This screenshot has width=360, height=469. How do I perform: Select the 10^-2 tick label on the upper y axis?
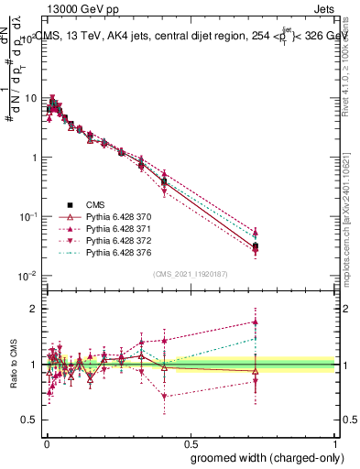pos(27,276)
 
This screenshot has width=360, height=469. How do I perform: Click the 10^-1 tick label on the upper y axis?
pos(27,216)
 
